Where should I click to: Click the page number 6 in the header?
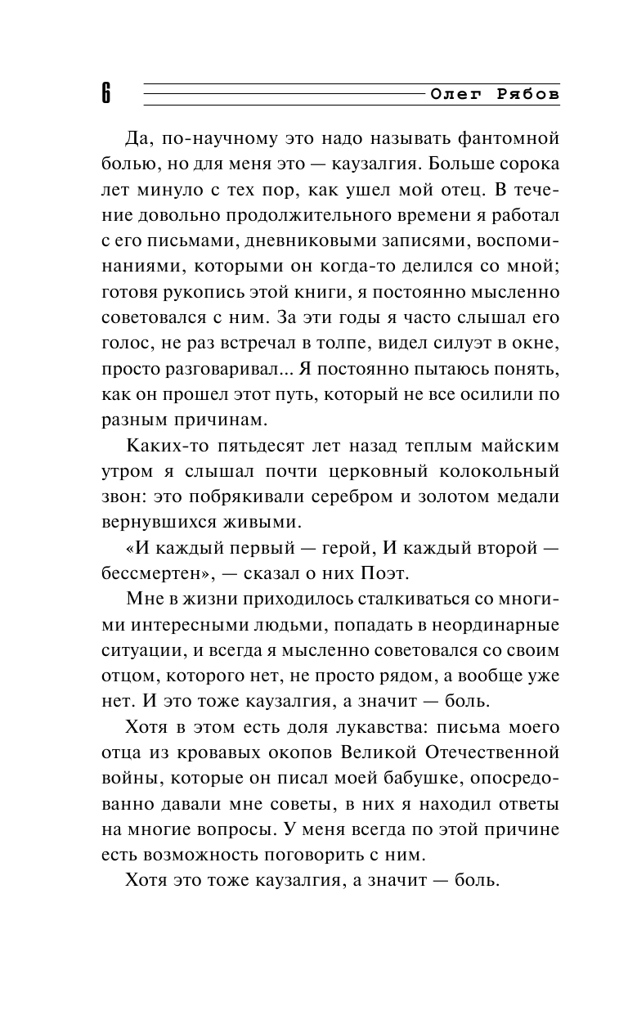click(x=106, y=93)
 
